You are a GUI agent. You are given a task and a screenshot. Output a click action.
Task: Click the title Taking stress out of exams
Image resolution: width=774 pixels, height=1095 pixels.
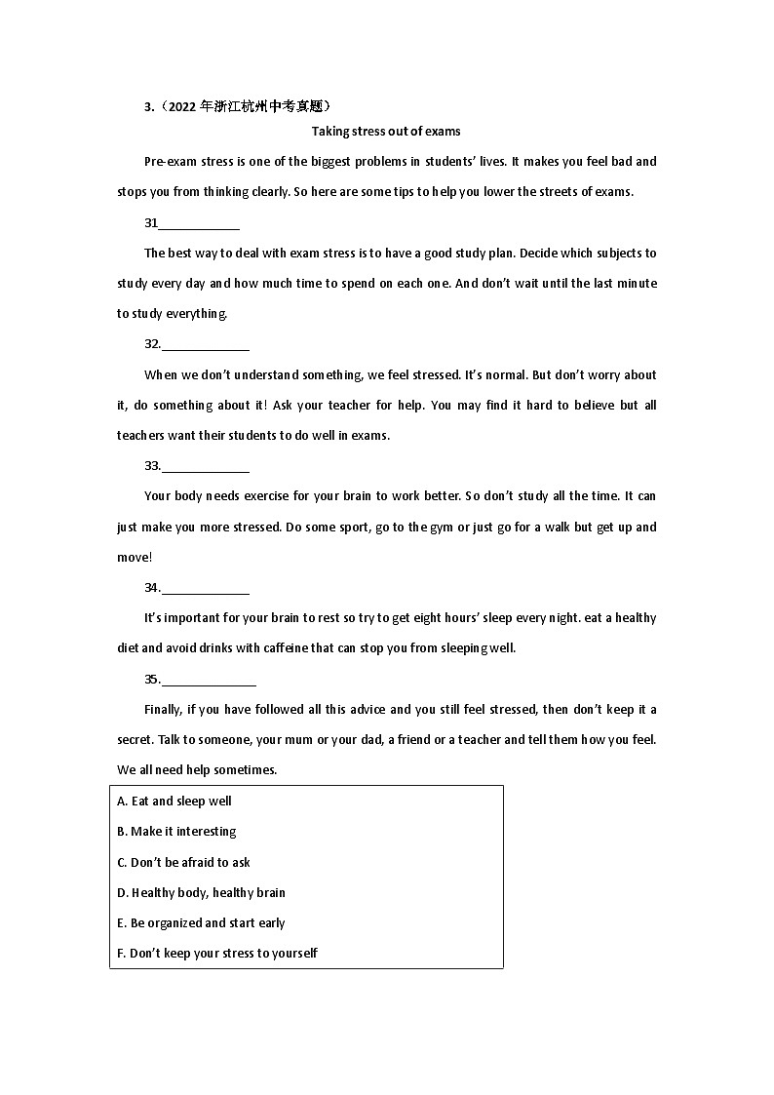[x=386, y=131]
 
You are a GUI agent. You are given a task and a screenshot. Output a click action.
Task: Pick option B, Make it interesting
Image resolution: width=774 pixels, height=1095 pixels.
[x=176, y=832]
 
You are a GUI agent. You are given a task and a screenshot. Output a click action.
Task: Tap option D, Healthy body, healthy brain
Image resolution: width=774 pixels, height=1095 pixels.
[x=201, y=893]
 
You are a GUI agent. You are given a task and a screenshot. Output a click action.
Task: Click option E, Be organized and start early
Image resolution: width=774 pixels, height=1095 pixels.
[x=201, y=923]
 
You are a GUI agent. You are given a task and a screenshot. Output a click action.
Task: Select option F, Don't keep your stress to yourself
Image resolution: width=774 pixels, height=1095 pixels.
[x=216, y=954]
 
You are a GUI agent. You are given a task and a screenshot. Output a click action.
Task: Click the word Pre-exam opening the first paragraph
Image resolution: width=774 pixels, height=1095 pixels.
[x=168, y=162]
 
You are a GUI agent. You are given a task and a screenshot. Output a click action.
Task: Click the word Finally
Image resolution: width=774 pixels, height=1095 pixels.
[x=165, y=710]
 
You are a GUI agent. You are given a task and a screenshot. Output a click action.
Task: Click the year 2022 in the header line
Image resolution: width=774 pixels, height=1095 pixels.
[x=182, y=106]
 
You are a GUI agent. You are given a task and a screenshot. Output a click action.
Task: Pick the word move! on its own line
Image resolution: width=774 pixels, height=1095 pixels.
[x=135, y=558]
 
